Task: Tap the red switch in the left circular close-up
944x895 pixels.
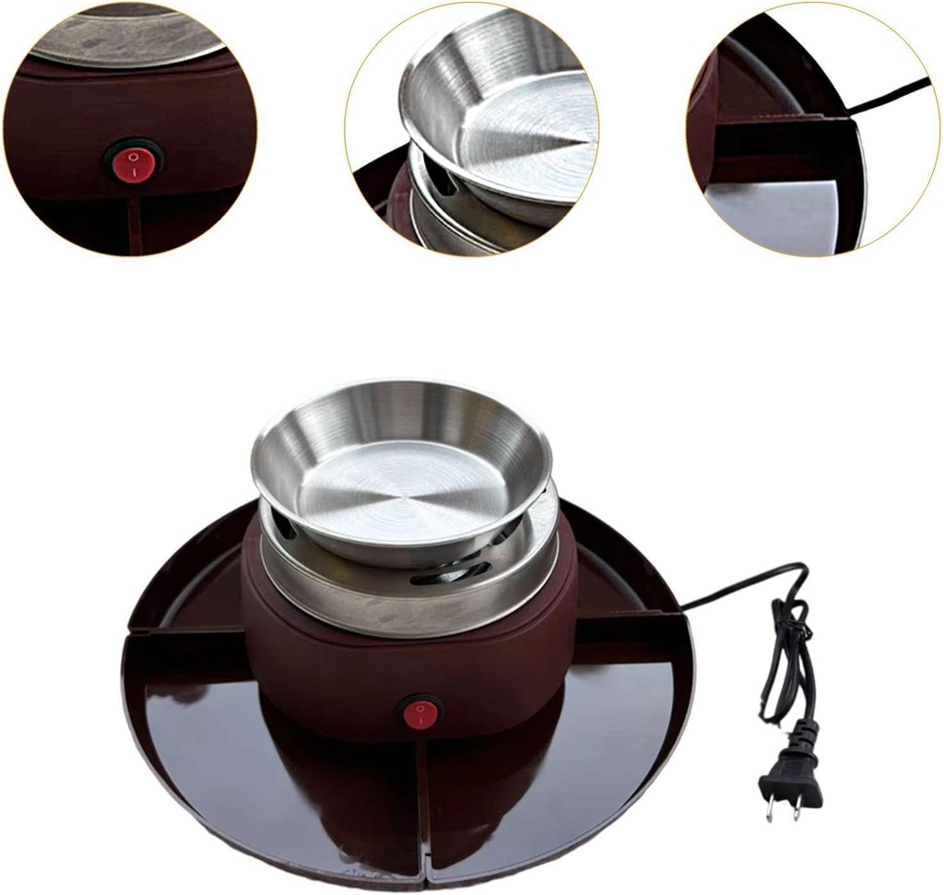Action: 133,164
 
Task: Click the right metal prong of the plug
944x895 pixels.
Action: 795,809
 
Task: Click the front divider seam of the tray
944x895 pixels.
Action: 421,802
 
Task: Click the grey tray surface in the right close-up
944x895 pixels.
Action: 774,212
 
